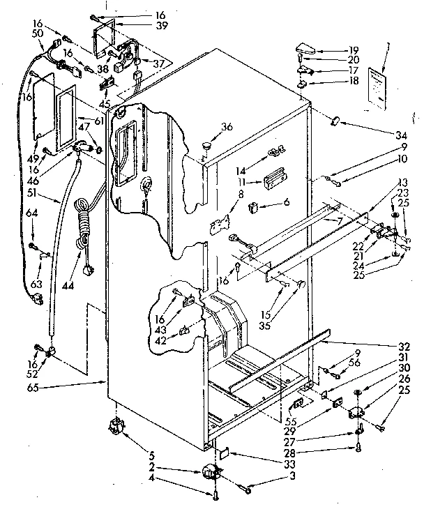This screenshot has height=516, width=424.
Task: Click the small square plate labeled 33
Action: click(x=222, y=453)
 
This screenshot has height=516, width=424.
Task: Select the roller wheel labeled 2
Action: click(x=208, y=473)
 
